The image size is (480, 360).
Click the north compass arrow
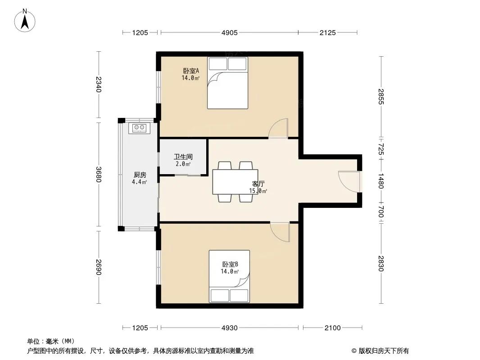tap(25, 22)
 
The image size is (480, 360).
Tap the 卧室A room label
tap(191, 71)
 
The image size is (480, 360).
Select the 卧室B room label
tap(230, 264)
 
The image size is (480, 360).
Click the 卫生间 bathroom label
tap(183, 157)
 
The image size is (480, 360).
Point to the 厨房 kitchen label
tap(140, 175)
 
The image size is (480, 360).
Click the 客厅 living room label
tap(258, 184)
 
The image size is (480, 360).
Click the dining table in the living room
tap(235, 182)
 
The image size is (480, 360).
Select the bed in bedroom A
tap(227, 83)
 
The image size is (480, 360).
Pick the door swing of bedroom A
tap(278, 128)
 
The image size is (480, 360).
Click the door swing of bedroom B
tap(280, 232)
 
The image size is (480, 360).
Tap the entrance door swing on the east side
tap(349, 181)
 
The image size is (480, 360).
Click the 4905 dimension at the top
tap(230, 33)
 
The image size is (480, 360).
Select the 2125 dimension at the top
tap(327, 33)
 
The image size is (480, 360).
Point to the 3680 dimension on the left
tap(99, 174)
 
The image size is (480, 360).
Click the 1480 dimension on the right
tap(381, 181)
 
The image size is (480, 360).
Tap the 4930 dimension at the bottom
tap(230, 328)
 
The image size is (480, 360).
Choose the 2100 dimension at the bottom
tap(332, 328)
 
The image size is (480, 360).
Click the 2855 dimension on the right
tap(381, 97)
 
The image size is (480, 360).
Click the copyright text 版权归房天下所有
tap(384, 351)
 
